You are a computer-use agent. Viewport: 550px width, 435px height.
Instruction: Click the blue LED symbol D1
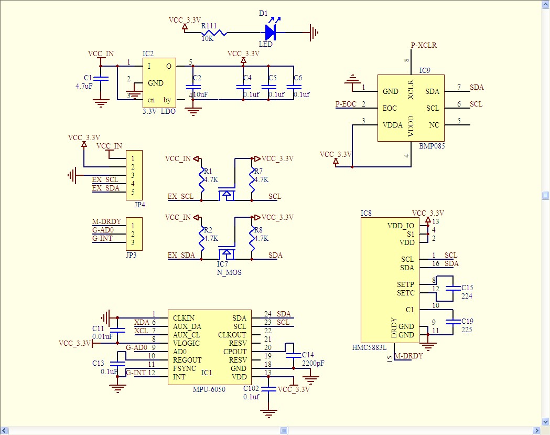point(271,33)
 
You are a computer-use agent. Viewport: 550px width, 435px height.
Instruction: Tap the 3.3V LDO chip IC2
point(159,83)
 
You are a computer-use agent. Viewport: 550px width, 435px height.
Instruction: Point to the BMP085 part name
point(432,146)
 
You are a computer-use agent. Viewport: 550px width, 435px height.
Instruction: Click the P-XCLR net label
point(424,46)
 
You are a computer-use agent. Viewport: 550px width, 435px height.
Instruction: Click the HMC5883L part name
point(369,347)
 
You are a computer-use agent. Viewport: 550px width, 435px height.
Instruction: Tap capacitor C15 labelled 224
point(451,288)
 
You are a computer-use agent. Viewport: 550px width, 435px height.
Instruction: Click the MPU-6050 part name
point(209,390)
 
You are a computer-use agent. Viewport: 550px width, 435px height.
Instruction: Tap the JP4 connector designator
point(139,205)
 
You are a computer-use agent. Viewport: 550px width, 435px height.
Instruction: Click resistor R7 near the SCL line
point(252,179)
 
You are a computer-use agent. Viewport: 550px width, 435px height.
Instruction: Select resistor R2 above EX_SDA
point(201,238)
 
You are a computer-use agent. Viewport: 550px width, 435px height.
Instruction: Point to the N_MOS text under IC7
point(229,273)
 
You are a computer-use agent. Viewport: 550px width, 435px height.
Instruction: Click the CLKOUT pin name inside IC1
point(232,334)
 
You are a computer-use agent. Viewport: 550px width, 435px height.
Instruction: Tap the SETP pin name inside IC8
point(405,284)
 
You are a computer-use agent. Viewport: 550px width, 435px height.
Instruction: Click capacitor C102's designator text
point(251,388)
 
